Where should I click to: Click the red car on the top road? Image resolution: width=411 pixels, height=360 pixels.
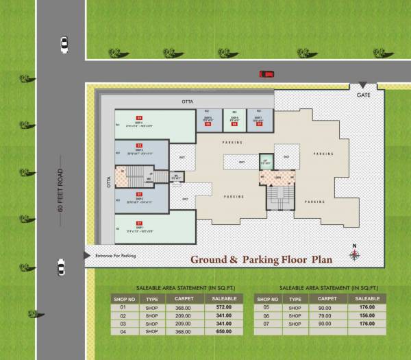(x=266, y=74)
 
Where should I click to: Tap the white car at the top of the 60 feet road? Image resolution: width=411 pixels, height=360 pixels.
(x=64, y=45)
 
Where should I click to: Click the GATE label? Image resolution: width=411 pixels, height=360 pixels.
(x=363, y=95)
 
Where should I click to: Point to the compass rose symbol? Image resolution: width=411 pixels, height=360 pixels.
(x=354, y=254)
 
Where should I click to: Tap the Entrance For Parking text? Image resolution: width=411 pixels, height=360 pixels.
(x=116, y=256)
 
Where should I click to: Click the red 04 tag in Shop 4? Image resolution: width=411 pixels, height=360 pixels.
(x=138, y=118)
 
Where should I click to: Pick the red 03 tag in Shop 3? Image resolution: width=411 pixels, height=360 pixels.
(x=138, y=145)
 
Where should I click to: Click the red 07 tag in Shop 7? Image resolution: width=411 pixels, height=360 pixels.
(x=259, y=124)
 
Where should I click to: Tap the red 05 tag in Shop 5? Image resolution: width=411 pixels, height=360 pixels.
(x=207, y=124)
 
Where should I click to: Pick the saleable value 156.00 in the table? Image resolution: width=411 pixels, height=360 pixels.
(x=367, y=315)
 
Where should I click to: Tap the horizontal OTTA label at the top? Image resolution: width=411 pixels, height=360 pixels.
(x=187, y=101)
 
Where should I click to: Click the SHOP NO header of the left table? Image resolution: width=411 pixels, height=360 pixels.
(x=124, y=299)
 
